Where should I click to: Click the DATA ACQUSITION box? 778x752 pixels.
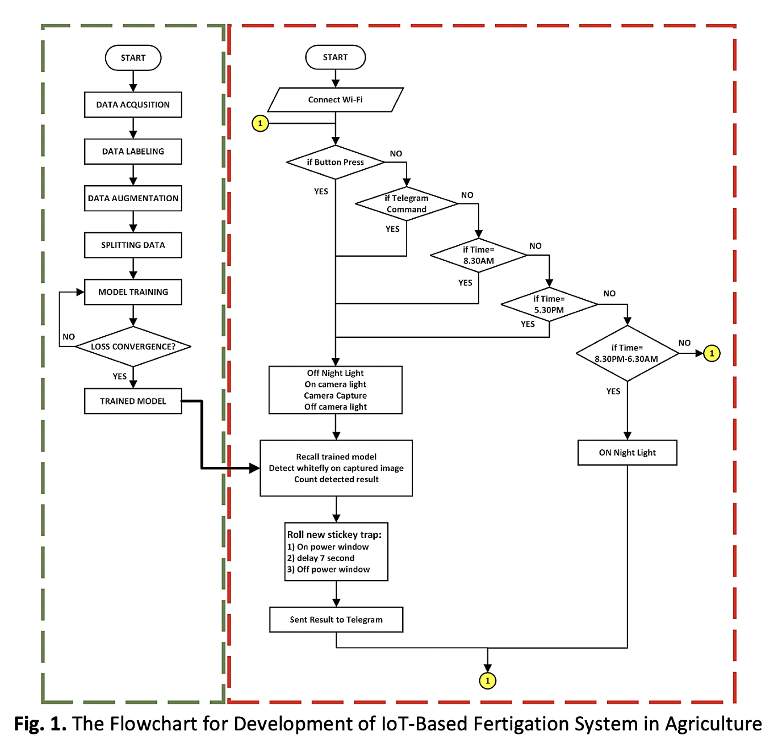tap(133, 105)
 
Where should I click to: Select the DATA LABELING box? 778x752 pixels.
tap(133, 152)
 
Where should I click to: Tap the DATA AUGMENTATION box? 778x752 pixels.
tap(133, 198)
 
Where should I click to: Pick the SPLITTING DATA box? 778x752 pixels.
tap(133, 245)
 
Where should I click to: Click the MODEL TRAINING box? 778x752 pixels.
tap(133, 292)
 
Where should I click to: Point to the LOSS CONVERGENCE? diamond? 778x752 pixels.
tap(133, 346)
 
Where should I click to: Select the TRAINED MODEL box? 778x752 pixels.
tap(133, 401)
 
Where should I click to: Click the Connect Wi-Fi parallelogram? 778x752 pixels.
tap(335, 100)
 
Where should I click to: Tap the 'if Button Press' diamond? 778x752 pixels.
tap(335, 162)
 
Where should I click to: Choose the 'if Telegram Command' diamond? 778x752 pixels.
tap(407, 204)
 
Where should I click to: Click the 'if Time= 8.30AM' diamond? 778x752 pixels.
tap(478, 256)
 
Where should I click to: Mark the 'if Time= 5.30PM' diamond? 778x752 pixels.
tap(549, 304)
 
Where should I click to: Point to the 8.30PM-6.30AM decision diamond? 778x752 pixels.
tap(627, 353)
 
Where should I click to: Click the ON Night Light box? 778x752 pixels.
tap(627, 453)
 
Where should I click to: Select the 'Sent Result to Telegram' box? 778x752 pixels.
tap(336, 620)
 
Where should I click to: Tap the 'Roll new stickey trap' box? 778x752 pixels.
tap(336, 552)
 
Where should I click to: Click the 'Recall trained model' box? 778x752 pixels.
tap(336, 468)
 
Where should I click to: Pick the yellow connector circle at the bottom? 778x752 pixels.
tap(487, 680)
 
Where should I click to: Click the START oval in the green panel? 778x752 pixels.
tap(133, 58)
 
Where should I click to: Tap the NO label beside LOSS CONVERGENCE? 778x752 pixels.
tap(69, 337)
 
